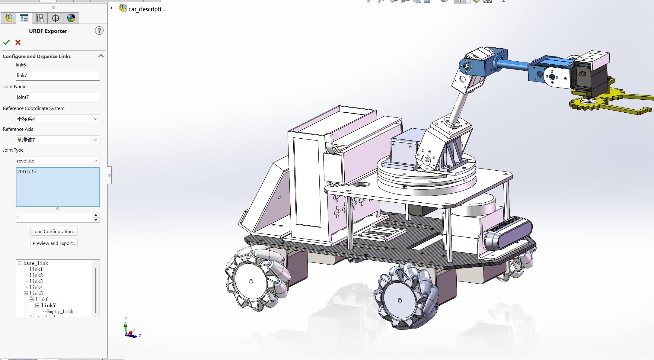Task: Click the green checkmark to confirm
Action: click(6, 42)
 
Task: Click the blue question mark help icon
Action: click(99, 31)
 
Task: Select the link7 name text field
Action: click(58, 76)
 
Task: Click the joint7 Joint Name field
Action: click(58, 97)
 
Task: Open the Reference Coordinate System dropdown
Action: click(58, 119)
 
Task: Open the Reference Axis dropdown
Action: click(58, 140)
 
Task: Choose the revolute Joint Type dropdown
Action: click(58, 161)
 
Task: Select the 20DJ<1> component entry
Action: click(27, 172)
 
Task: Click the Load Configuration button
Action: click(54, 231)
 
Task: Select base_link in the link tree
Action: click(36, 263)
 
